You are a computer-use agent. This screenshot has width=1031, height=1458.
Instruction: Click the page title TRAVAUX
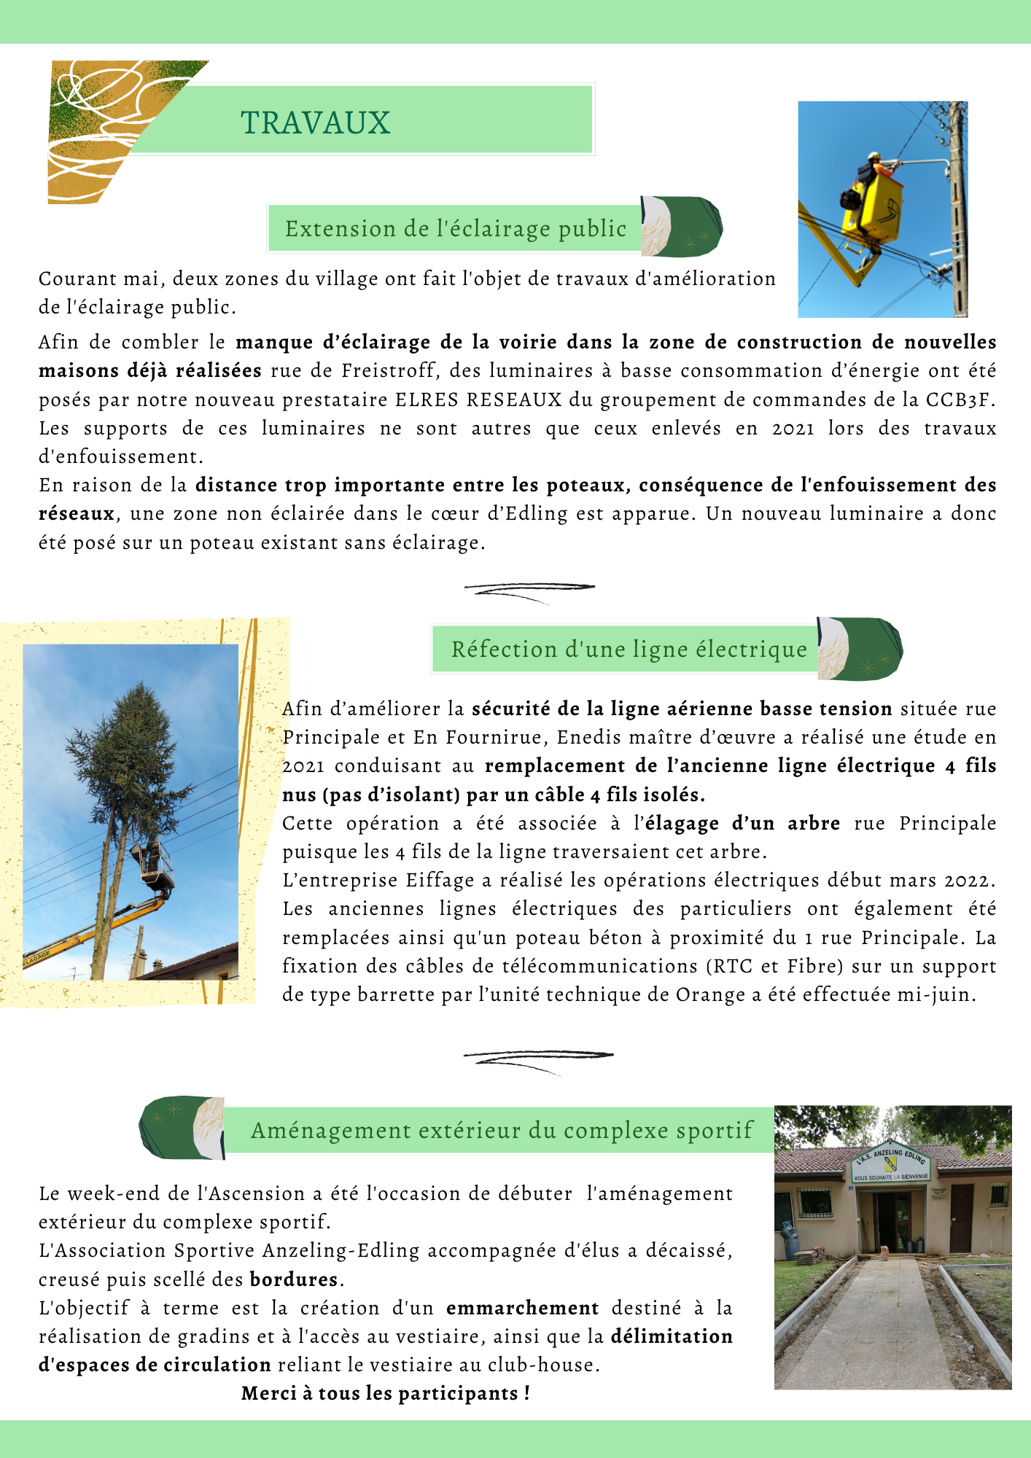[x=316, y=122]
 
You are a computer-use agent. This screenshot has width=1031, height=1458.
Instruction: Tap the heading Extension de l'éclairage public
[x=456, y=229]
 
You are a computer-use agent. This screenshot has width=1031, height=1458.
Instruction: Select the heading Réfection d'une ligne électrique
[x=629, y=649]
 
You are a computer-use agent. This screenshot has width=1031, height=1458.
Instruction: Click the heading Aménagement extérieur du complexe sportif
[x=502, y=1131]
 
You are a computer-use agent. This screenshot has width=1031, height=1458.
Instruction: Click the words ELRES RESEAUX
[x=478, y=399]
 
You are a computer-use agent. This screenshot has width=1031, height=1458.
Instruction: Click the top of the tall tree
[x=136, y=693]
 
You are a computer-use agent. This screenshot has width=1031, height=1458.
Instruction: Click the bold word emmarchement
[x=522, y=1309]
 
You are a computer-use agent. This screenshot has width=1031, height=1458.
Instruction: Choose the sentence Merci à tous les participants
[x=385, y=1394]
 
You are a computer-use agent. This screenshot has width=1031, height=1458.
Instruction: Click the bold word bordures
[x=294, y=1280]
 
